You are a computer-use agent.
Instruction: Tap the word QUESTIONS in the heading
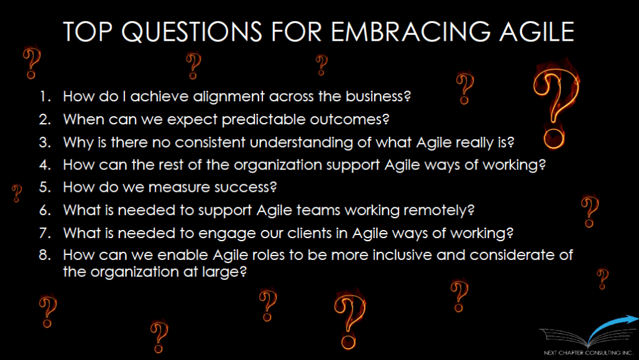[192, 32]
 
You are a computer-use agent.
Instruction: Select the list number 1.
[45, 96]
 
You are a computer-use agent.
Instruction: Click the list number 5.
[45, 187]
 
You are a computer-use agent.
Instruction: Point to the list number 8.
[45, 255]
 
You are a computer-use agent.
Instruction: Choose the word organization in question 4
[278, 166]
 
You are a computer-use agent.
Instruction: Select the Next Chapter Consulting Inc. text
[588, 352]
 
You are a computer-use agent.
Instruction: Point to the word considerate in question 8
[505, 255]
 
